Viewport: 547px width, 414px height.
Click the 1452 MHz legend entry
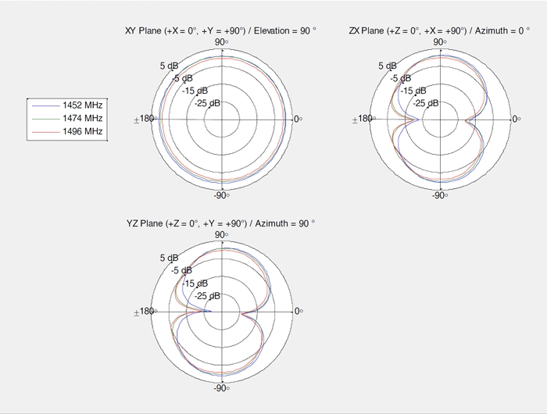coord(67,105)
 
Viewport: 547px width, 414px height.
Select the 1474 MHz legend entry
coord(67,118)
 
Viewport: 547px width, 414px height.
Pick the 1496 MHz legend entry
coord(67,131)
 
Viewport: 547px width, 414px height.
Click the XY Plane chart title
coord(220,30)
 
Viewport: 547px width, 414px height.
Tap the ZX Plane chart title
coord(439,30)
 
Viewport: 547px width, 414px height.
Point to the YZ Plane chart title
coord(220,223)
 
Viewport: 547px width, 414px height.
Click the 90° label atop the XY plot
coord(221,42)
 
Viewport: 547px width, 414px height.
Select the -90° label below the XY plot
coord(221,195)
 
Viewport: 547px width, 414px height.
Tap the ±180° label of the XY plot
coord(145,119)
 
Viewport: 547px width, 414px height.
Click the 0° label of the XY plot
coord(299,120)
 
